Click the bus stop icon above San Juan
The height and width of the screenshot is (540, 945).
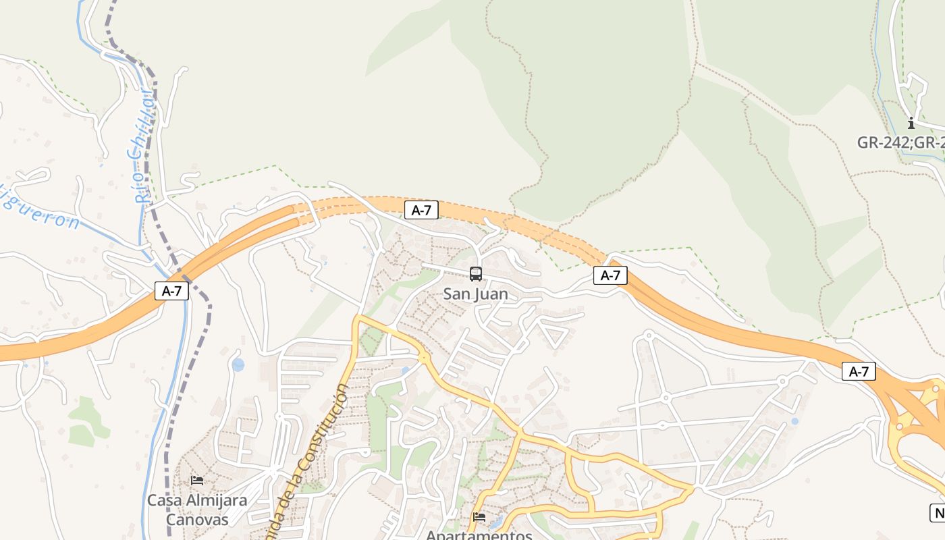(476, 273)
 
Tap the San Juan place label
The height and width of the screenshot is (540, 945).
(475, 294)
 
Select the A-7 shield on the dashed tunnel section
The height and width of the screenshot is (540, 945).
(421, 210)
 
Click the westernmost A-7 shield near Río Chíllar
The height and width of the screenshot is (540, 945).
(171, 291)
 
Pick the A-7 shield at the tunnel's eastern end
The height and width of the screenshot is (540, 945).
(610, 275)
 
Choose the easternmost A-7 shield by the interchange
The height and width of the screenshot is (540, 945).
(859, 371)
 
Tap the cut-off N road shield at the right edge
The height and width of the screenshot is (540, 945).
(938, 512)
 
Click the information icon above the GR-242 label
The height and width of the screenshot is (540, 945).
(911, 123)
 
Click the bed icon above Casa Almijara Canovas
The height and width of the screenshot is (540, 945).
(197, 480)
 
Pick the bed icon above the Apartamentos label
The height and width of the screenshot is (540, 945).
(479, 516)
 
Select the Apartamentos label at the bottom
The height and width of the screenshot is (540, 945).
(479, 535)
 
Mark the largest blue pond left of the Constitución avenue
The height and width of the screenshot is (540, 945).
(238, 365)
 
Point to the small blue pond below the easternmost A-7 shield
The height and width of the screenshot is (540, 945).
(794, 421)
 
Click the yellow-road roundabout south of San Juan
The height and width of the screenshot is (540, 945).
(423, 356)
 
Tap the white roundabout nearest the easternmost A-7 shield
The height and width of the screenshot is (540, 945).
(782, 381)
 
